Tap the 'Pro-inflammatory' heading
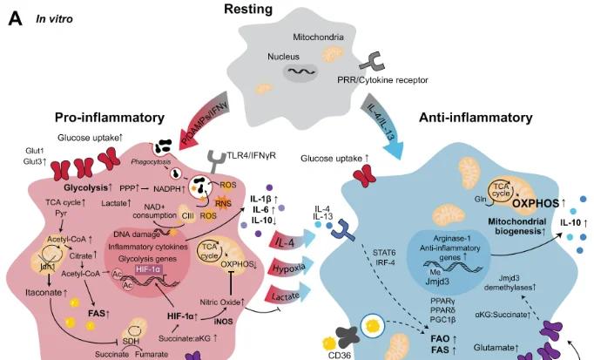[110, 118]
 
